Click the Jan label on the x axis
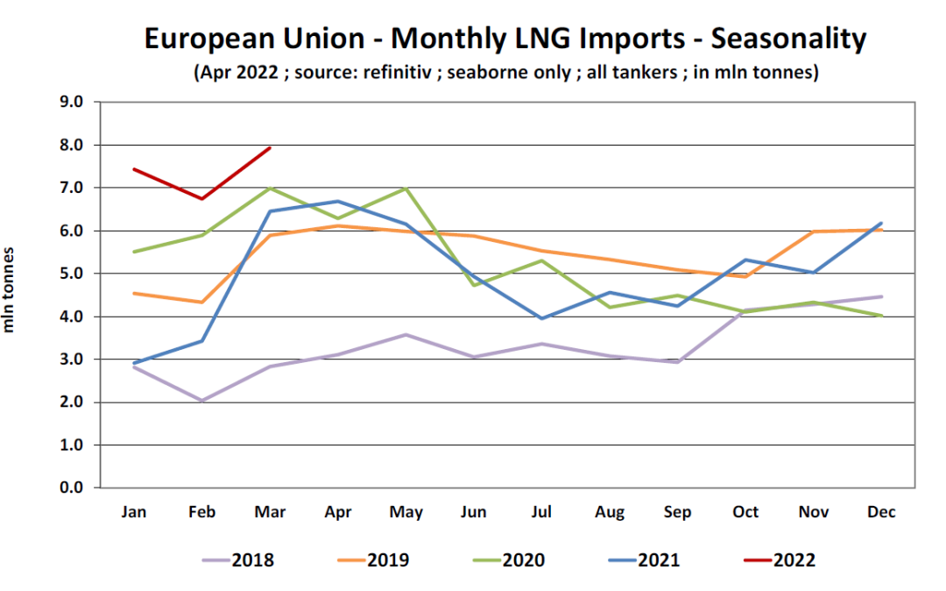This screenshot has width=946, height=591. tap(134, 513)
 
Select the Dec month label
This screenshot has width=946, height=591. tap(880, 513)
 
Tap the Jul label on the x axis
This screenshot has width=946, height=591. tap(541, 513)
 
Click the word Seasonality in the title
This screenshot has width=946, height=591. tap(788, 39)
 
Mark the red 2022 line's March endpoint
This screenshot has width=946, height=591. tap(270, 147)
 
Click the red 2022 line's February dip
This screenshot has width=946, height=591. tap(202, 199)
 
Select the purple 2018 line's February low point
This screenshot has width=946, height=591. tap(202, 401)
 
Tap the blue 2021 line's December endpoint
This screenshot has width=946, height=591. tap(880, 224)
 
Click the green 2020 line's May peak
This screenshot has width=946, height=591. tap(406, 188)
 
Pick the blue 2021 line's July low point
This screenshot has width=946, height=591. tap(541, 318)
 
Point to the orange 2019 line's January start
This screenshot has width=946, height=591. tap(134, 293)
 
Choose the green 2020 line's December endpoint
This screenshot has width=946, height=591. tap(880, 316)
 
